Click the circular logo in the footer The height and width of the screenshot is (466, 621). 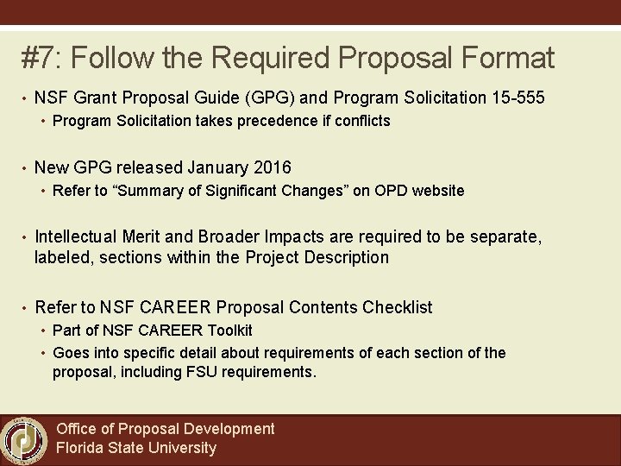[24, 439]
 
